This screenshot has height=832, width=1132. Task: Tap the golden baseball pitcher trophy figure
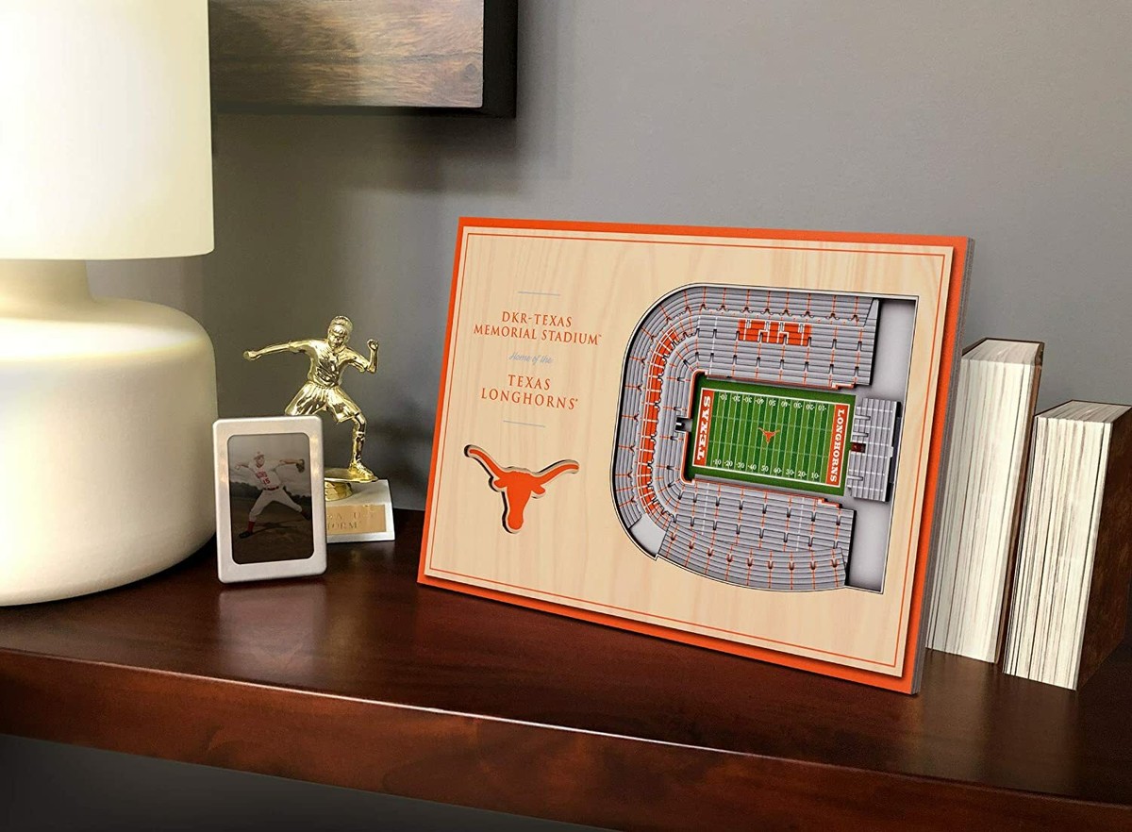[325, 387]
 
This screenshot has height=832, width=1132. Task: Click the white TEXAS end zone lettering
[705, 428]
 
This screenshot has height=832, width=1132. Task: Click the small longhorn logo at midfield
[769, 435]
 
